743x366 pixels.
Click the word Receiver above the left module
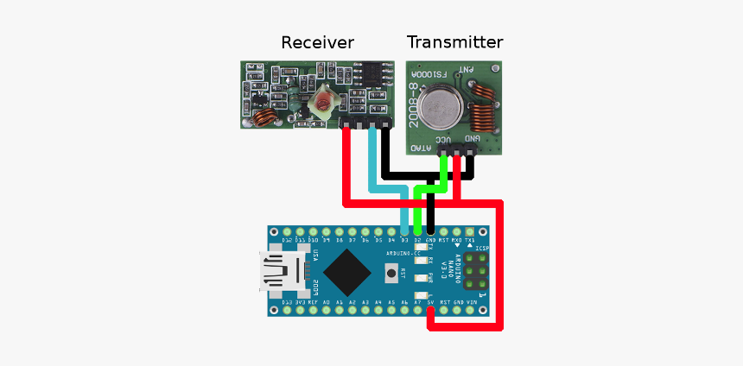click(317, 42)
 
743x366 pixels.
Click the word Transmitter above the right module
click(454, 41)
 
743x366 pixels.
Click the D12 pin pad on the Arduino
click(286, 231)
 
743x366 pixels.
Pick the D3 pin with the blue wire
click(404, 231)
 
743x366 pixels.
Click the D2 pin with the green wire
click(418, 231)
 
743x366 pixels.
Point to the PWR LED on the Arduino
click(422, 278)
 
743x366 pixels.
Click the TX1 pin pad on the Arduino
click(471, 231)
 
